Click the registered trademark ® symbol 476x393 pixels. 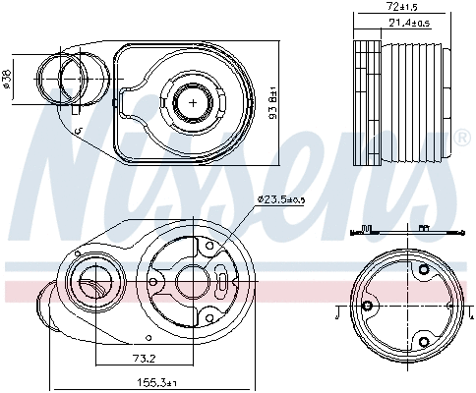coord(461,137)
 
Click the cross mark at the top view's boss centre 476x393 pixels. coord(194,101)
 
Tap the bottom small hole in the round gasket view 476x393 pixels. coord(424,341)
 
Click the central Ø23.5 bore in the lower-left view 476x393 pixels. coord(191,283)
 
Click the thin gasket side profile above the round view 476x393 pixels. coord(403,233)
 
